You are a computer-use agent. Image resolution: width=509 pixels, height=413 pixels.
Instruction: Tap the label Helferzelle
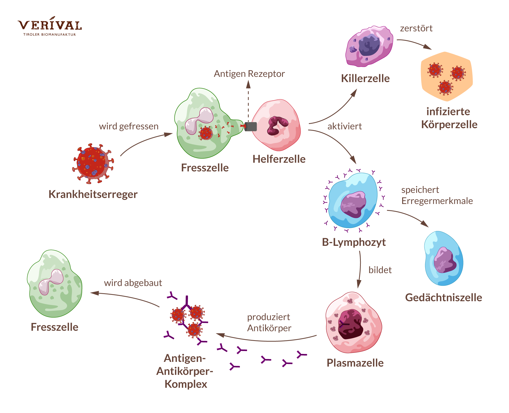click(279, 159)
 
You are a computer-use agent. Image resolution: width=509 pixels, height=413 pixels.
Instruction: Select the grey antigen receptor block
click(251, 127)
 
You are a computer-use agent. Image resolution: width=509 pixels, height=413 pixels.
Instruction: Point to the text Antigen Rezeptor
click(249, 74)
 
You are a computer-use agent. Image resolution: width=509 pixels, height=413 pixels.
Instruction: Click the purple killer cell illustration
click(369, 46)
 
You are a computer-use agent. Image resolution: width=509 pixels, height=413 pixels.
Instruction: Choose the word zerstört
click(416, 28)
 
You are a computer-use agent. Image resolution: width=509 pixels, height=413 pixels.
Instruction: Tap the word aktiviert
click(344, 126)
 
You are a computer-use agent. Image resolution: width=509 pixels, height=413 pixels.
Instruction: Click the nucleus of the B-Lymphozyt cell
click(353, 204)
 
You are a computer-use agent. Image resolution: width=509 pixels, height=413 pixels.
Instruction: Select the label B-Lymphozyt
click(354, 242)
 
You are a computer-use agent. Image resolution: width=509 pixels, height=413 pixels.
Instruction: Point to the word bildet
click(380, 270)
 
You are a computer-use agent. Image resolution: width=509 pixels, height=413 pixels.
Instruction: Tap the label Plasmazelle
click(355, 363)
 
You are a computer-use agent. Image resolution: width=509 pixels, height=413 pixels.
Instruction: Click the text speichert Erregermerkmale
click(437, 196)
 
